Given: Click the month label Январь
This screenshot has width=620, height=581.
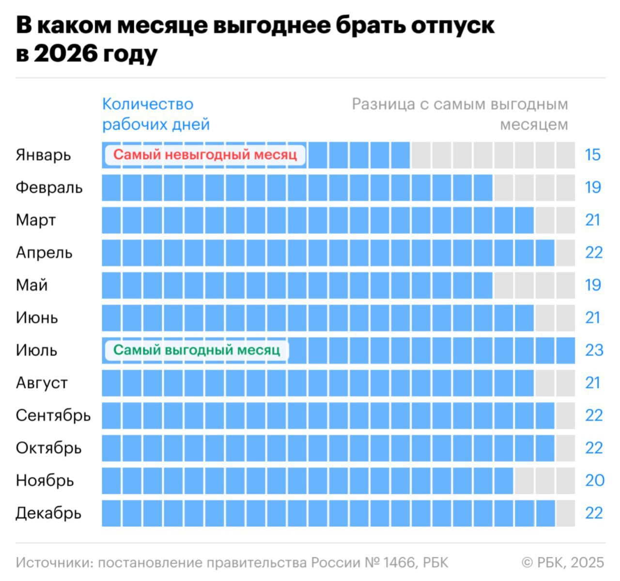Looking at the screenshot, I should [43, 155].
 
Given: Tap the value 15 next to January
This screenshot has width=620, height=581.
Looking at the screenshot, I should [592, 155].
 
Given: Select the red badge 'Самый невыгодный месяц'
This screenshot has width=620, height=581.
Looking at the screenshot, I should [205, 155].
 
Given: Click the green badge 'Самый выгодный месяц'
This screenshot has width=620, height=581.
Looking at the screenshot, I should [197, 350].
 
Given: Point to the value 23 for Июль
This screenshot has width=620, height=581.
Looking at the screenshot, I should [594, 350].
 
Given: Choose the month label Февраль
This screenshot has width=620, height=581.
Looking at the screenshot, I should [49, 187].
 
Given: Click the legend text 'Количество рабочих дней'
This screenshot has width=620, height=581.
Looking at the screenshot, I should [155, 114].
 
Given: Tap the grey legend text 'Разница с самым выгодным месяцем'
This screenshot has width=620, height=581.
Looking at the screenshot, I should [460, 114].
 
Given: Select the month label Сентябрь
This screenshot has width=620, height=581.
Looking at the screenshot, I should [53, 415].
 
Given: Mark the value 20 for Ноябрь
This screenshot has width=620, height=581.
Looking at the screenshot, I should [594, 480].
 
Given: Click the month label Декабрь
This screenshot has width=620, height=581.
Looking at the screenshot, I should [48, 513].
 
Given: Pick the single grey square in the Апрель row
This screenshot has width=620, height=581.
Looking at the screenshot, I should [565, 253].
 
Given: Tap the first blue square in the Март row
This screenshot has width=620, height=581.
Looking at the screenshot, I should [111, 220].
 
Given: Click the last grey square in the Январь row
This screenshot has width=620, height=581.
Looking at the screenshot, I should [565, 155].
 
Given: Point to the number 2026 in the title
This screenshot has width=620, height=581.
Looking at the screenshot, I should [65, 54].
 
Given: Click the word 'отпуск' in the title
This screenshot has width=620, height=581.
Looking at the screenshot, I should [453, 26].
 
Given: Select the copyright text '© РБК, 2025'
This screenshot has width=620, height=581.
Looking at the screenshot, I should [563, 563].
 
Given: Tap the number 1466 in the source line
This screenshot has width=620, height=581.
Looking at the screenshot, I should [399, 563].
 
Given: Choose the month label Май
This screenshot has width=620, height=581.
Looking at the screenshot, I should [31, 285].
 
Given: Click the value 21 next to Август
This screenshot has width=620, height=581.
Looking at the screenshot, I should [593, 383].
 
